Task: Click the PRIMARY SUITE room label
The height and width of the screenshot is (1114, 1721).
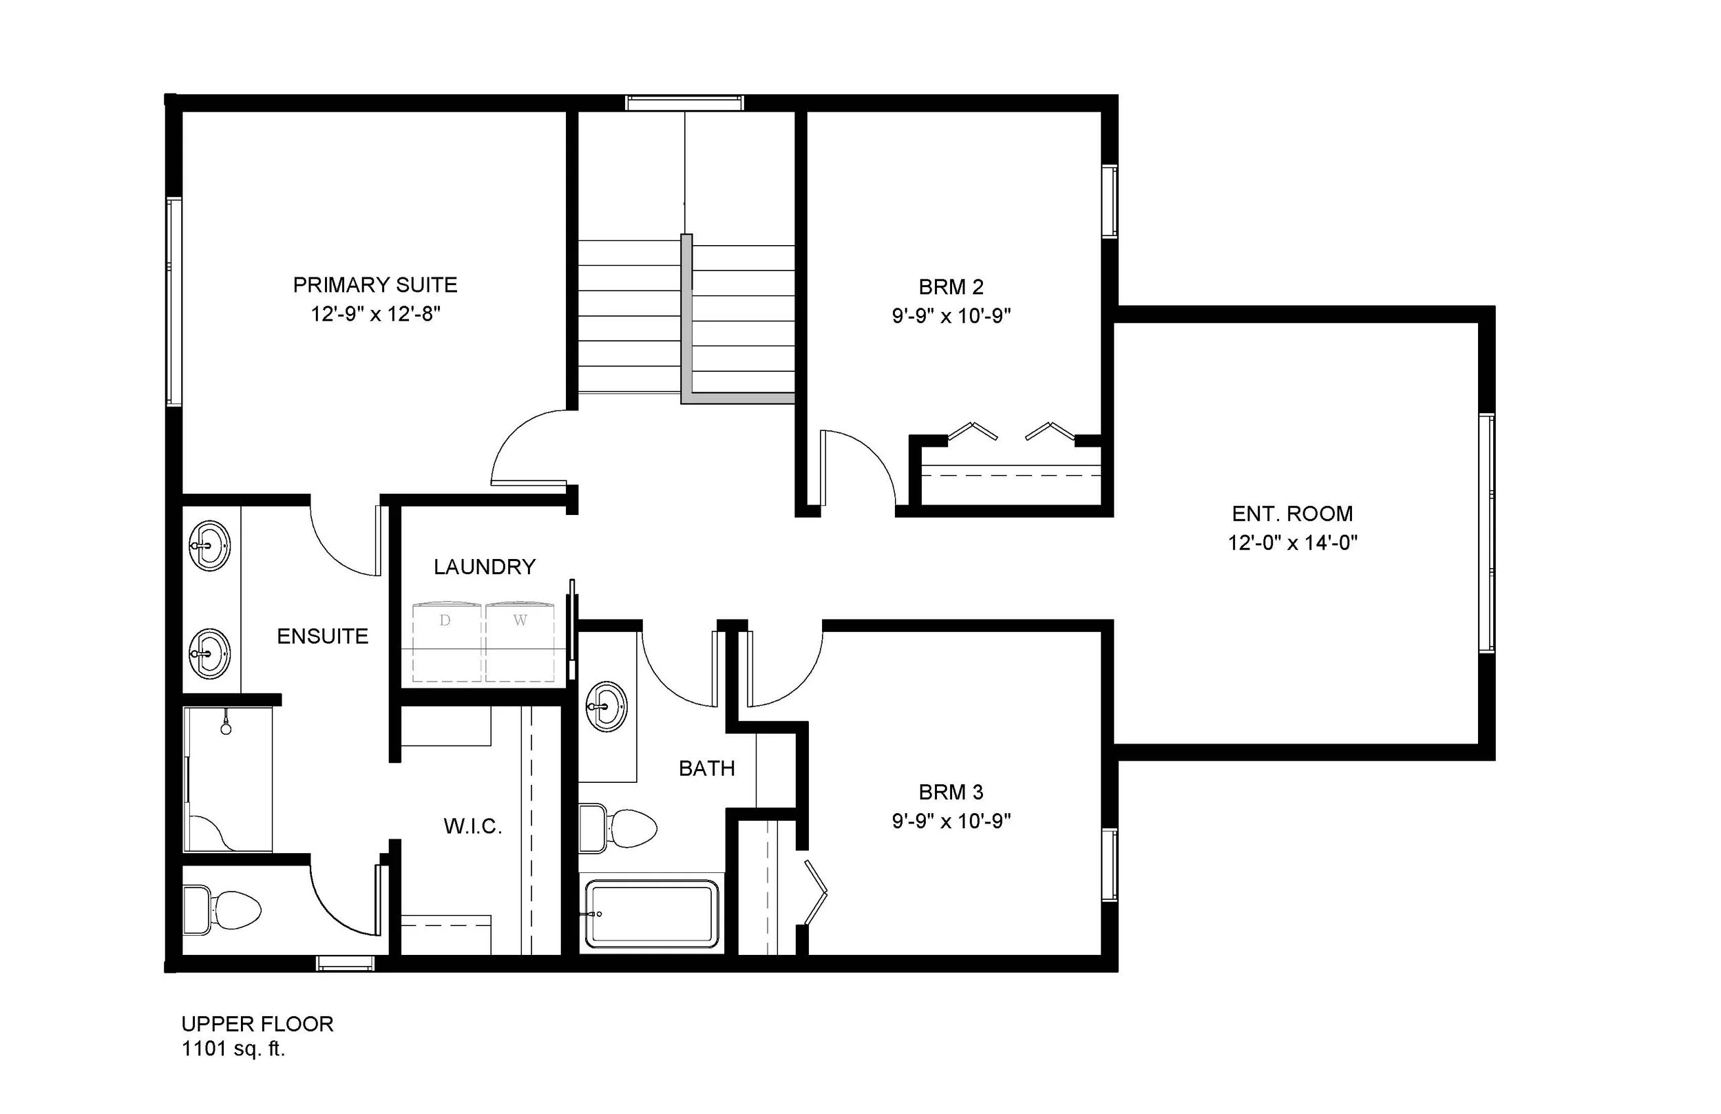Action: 374,285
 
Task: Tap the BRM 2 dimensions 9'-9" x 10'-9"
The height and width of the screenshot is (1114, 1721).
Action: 951,316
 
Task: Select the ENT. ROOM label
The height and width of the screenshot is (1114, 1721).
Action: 1292,514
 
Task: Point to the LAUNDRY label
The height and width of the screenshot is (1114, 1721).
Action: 485,567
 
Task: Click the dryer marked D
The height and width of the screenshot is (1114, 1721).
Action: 445,642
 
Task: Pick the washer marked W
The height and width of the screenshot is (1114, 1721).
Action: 520,642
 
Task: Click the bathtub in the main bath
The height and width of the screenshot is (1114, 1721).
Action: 651,913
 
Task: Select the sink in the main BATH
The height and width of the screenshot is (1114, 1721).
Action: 606,705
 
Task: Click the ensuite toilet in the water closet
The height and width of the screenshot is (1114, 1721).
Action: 224,910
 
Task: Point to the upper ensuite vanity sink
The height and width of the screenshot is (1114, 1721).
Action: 210,545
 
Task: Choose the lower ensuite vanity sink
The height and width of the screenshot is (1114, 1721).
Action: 210,654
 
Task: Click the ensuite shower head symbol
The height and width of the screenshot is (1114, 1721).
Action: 226,728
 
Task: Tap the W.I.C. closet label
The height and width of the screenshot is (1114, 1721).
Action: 473,826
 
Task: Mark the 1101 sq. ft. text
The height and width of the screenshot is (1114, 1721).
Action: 233,1049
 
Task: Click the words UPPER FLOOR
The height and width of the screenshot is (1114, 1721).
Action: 257,1024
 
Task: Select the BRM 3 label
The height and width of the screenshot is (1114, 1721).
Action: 951,792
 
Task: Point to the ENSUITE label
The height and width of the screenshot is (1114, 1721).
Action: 322,636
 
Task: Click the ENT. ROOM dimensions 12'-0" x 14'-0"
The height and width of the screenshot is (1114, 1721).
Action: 1292,543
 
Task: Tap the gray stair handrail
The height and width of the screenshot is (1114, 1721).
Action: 687,318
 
